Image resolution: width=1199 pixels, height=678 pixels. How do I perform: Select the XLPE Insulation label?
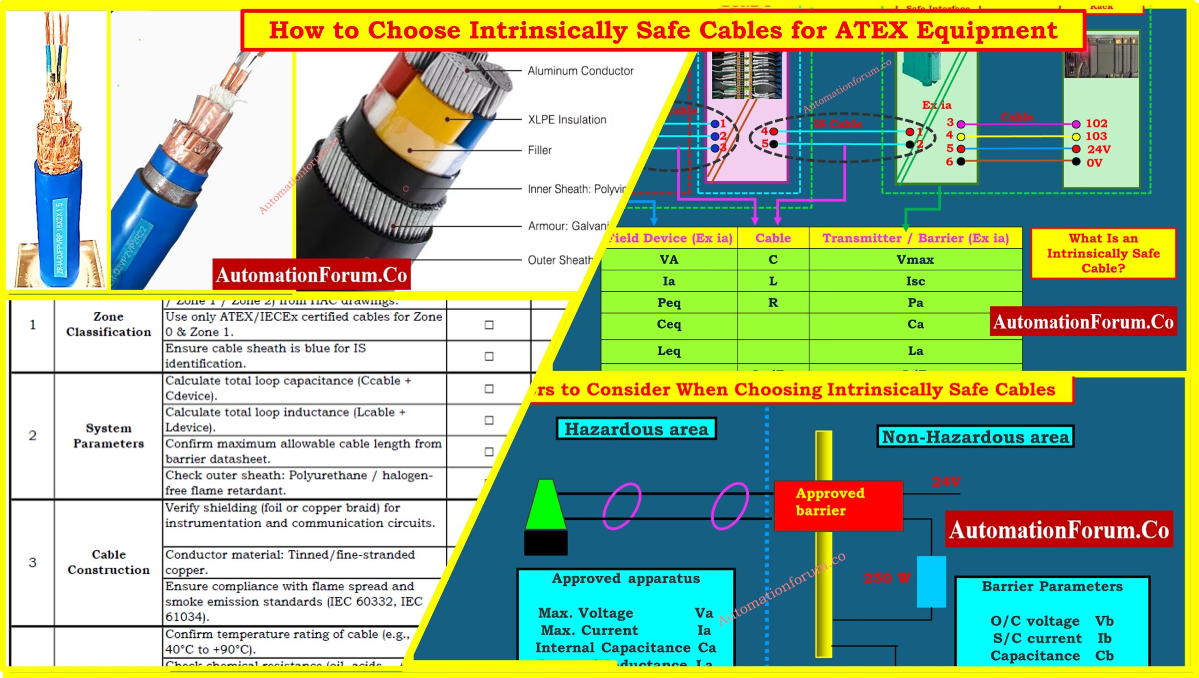pos(567,119)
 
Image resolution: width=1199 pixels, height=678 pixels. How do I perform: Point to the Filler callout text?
pos(539,150)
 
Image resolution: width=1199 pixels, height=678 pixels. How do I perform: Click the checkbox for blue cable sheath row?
pos(488,356)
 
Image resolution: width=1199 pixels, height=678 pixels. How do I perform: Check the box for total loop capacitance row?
pos(488,389)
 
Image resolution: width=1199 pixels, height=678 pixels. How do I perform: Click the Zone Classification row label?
pos(108,324)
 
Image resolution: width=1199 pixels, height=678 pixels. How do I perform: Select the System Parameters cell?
pos(108,435)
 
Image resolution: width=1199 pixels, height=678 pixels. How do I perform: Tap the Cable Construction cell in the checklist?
pos(108,562)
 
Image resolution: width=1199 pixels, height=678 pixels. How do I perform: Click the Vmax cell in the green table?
pos(915,260)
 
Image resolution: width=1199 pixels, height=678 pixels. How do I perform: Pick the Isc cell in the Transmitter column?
pos(915,281)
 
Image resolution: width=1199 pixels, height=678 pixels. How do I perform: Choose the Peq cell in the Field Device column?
pos(668,302)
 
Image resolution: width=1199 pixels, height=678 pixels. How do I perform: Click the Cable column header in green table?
pos(773,238)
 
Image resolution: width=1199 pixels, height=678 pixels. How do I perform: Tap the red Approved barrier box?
pos(838,506)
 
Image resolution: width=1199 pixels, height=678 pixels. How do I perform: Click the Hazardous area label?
pos(636,429)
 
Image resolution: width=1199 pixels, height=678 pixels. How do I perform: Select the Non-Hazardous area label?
pos(975,437)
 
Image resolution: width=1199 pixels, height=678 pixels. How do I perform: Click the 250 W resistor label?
pos(887,578)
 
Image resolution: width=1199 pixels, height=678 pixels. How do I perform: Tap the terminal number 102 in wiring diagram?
pos(1096,124)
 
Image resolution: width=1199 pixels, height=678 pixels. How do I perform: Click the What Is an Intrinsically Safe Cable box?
pos(1103,253)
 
